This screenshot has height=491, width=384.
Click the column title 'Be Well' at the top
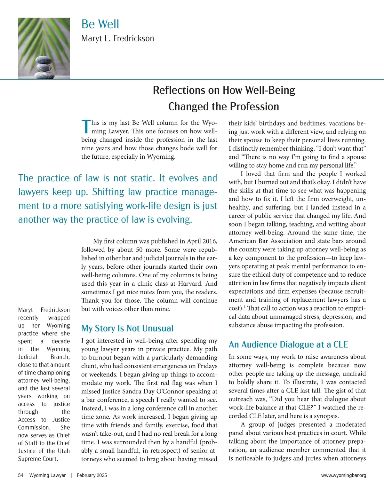point(100,24)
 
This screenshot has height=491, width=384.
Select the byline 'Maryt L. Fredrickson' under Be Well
point(117,39)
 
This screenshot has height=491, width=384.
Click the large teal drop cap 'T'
point(86,127)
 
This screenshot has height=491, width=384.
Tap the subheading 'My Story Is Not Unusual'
point(127,329)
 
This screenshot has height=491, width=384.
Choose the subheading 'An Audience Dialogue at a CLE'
point(288,344)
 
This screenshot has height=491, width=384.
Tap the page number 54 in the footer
point(21,475)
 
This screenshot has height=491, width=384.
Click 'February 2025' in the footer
point(92,475)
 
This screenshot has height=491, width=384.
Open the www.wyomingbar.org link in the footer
point(343,475)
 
